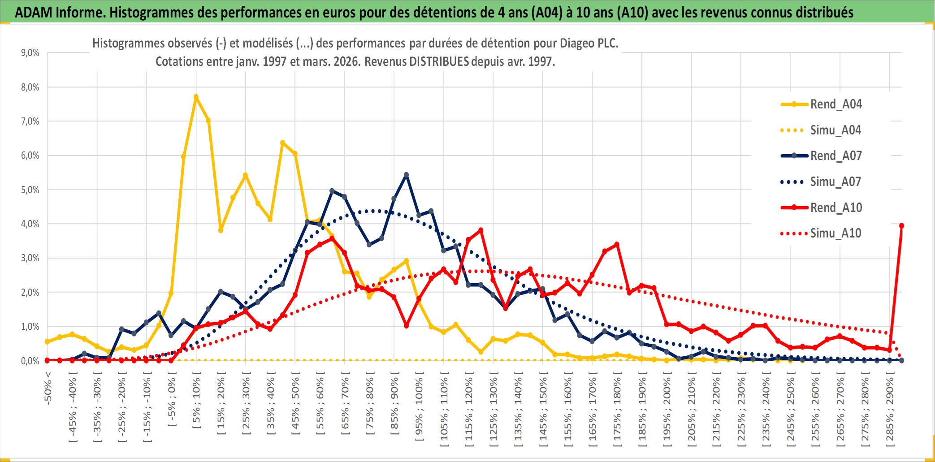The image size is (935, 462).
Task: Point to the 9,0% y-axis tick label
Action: click(x=30, y=53)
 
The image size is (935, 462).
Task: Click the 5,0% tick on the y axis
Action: click(x=30, y=190)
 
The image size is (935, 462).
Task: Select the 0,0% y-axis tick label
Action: click(x=30, y=361)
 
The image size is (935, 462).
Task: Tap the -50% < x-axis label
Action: click(x=48, y=388)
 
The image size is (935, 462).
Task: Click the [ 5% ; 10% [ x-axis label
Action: click(x=196, y=403)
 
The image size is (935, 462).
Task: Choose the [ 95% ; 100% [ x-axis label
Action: click(x=419, y=409)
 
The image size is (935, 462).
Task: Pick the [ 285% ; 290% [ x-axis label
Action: click(x=890, y=412)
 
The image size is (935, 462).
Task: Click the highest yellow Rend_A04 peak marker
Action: click(x=196, y=97)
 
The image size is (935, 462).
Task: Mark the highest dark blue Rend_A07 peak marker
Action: click(x=406, y=175)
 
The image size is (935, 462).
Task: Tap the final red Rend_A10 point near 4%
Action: click(x=901, y=226)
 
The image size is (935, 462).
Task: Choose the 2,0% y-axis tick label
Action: click(x=30, y=293)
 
